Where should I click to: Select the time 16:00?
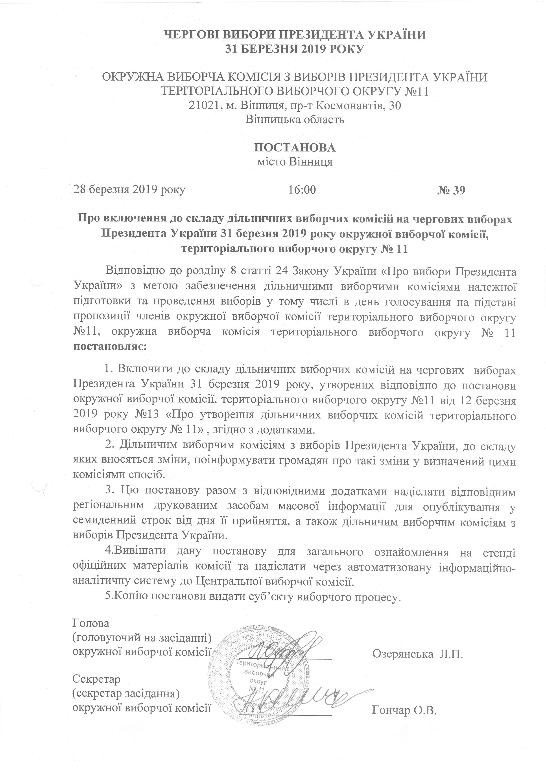tap(302, 190)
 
